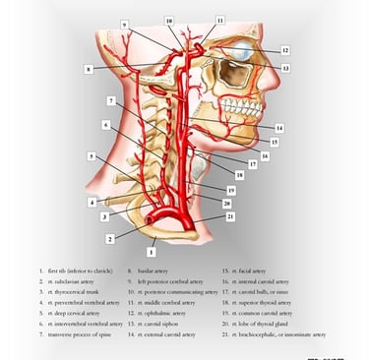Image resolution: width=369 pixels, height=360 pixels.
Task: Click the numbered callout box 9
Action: coord(125,23)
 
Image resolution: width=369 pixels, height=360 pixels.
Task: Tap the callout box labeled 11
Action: coord(220,19)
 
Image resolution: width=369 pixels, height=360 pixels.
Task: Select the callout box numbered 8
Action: coord(88,69)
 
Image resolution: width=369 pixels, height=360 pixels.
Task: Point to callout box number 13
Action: coord(285,68)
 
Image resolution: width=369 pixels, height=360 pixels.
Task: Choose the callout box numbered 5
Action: coord(92,155)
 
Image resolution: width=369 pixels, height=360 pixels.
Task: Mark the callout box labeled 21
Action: coord(230,215)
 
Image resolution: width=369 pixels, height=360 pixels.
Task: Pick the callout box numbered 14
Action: coord(279,128)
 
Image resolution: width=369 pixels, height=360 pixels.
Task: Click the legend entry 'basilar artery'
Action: coord(150,268)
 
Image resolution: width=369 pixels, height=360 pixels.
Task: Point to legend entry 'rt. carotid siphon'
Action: coord(151,323)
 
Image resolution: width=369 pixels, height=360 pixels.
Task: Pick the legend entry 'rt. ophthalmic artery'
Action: coord(154,312)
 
